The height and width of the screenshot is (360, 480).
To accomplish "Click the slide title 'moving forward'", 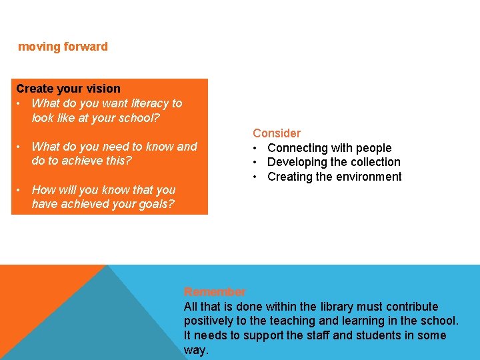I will click(x=63, y=47).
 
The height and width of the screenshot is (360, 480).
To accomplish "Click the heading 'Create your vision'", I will click(x=68, y=89).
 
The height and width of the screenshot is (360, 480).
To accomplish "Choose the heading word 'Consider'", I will click(x=277, y=133).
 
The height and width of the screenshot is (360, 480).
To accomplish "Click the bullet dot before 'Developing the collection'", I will click(x=255, y=162).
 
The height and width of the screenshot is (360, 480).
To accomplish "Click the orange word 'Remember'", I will click(x=215, y=292).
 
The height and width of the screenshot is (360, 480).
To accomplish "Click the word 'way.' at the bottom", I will click(x=196, y=350).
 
